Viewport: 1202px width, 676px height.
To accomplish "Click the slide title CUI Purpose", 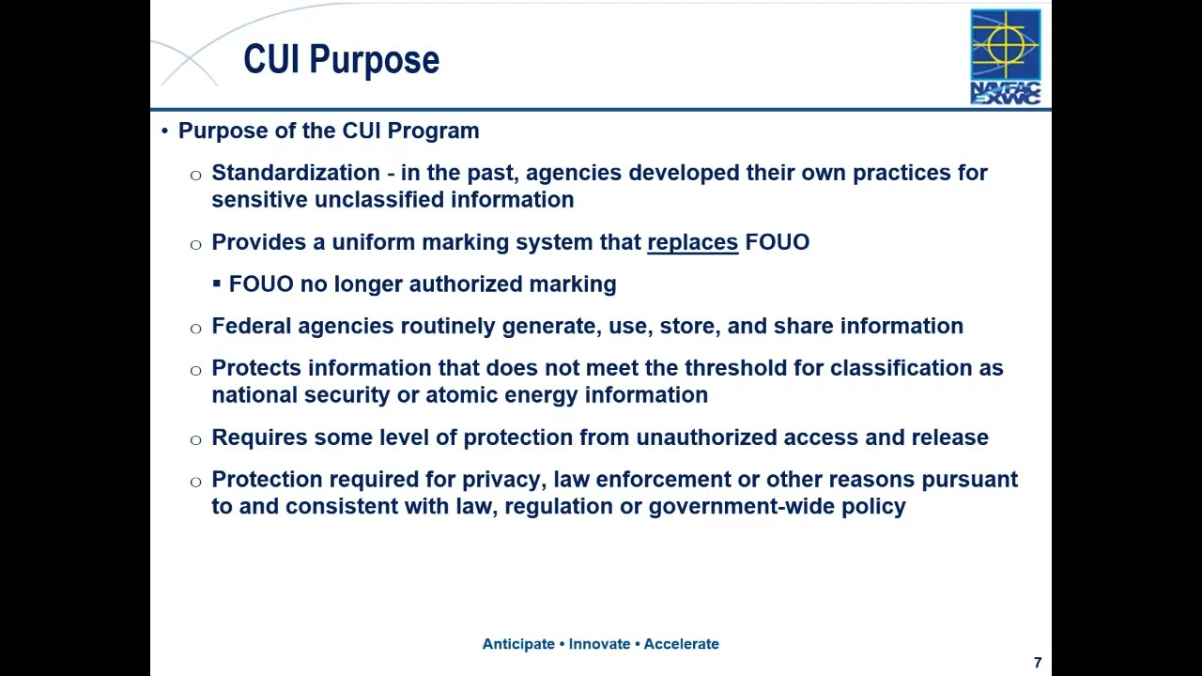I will [x=341, y=60].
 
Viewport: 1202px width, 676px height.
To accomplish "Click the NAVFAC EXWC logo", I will [x=1005, y=56].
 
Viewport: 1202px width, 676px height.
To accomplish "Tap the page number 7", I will [x=1038, y=663].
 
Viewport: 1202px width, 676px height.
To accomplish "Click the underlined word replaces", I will [x=693, y=242].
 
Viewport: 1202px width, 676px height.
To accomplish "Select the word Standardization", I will [x=295, y=173].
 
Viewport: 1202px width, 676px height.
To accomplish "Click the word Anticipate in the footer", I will [x=518, y=644].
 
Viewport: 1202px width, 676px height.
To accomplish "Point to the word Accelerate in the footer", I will [x=681, y=644].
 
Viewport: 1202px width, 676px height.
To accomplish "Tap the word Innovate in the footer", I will [x=599, y=644].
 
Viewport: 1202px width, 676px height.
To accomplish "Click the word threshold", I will [x=735, y=368].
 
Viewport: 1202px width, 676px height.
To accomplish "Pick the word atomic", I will [x=456, y=395].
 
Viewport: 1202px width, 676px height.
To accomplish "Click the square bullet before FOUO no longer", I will [x=217, y=284].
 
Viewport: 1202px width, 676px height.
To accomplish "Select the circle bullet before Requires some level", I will [x=195, y=438].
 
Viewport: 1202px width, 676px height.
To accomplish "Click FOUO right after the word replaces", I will [x=777, y=242].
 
